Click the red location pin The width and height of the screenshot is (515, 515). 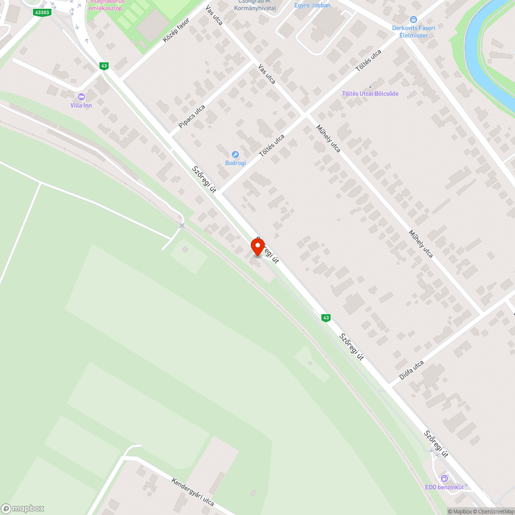click(257, 247)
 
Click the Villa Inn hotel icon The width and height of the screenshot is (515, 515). click(81, 97)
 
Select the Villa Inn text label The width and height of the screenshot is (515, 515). click(81, 106)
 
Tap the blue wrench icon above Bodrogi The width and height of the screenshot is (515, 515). click(235, 154)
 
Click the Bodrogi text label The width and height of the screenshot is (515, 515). click(235, 163)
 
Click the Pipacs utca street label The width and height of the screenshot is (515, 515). click(192, 117)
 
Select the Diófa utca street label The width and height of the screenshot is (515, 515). click(411, 370)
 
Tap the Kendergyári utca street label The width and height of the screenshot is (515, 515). click(193, 491)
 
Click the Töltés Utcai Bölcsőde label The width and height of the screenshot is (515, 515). click(370, 94)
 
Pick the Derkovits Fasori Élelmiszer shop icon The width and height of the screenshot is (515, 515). click(413, 19)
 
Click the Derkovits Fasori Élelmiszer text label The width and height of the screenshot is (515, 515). click(413, 31)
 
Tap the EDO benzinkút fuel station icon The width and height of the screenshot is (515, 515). click(444, 478)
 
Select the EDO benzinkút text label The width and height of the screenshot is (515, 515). click(444, 487)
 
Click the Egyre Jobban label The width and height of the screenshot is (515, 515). click(312, 5)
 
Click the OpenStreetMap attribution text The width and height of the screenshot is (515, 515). click(496, 511)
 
